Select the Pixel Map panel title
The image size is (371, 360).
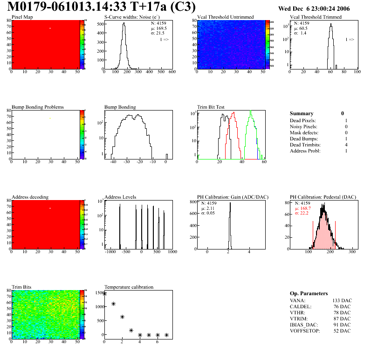tap(22, 17)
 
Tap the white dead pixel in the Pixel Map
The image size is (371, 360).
tap(50, 28)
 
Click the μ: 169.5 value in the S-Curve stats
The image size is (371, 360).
tap(159, 28)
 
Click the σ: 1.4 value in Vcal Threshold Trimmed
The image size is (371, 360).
tap(300, 33)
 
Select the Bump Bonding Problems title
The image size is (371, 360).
tap(38, 107)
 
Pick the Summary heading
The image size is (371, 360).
tap(302, 113)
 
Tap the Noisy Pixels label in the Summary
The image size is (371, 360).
tap(303, 127)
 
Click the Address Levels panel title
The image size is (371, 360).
tap(121, 197)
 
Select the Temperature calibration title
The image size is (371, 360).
tap(129, 287)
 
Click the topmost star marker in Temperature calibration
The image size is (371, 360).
tap(104, 294)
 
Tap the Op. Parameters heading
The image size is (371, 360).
tap(309, 293)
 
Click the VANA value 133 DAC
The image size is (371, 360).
tap(342, 300)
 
